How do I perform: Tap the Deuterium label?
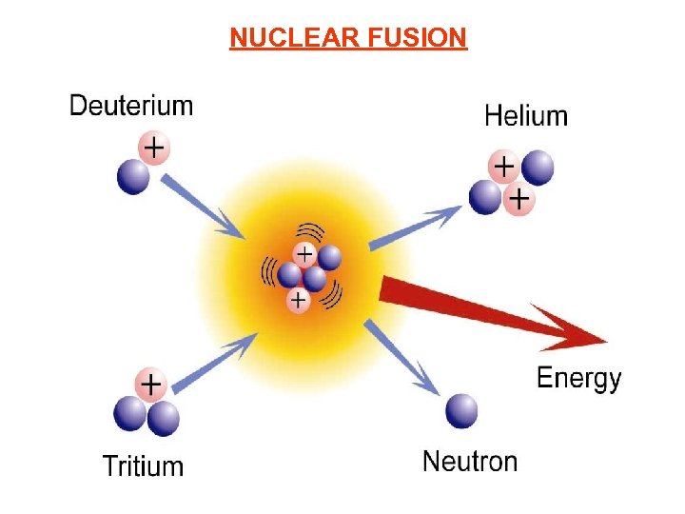point(131,105)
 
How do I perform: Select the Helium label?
point(526,116)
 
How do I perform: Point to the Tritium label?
point(143,466)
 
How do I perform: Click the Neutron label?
point(470,463)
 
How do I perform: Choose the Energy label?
point(578,379)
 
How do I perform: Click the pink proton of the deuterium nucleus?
point(154,148)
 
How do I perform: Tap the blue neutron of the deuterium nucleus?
point(133,176)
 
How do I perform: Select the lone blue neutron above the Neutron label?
point(461,411)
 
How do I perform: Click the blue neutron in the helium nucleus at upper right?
point(538,168)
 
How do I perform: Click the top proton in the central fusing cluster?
point(304,254)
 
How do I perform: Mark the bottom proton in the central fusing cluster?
point(299,301)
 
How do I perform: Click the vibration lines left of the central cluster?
point(269,273)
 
